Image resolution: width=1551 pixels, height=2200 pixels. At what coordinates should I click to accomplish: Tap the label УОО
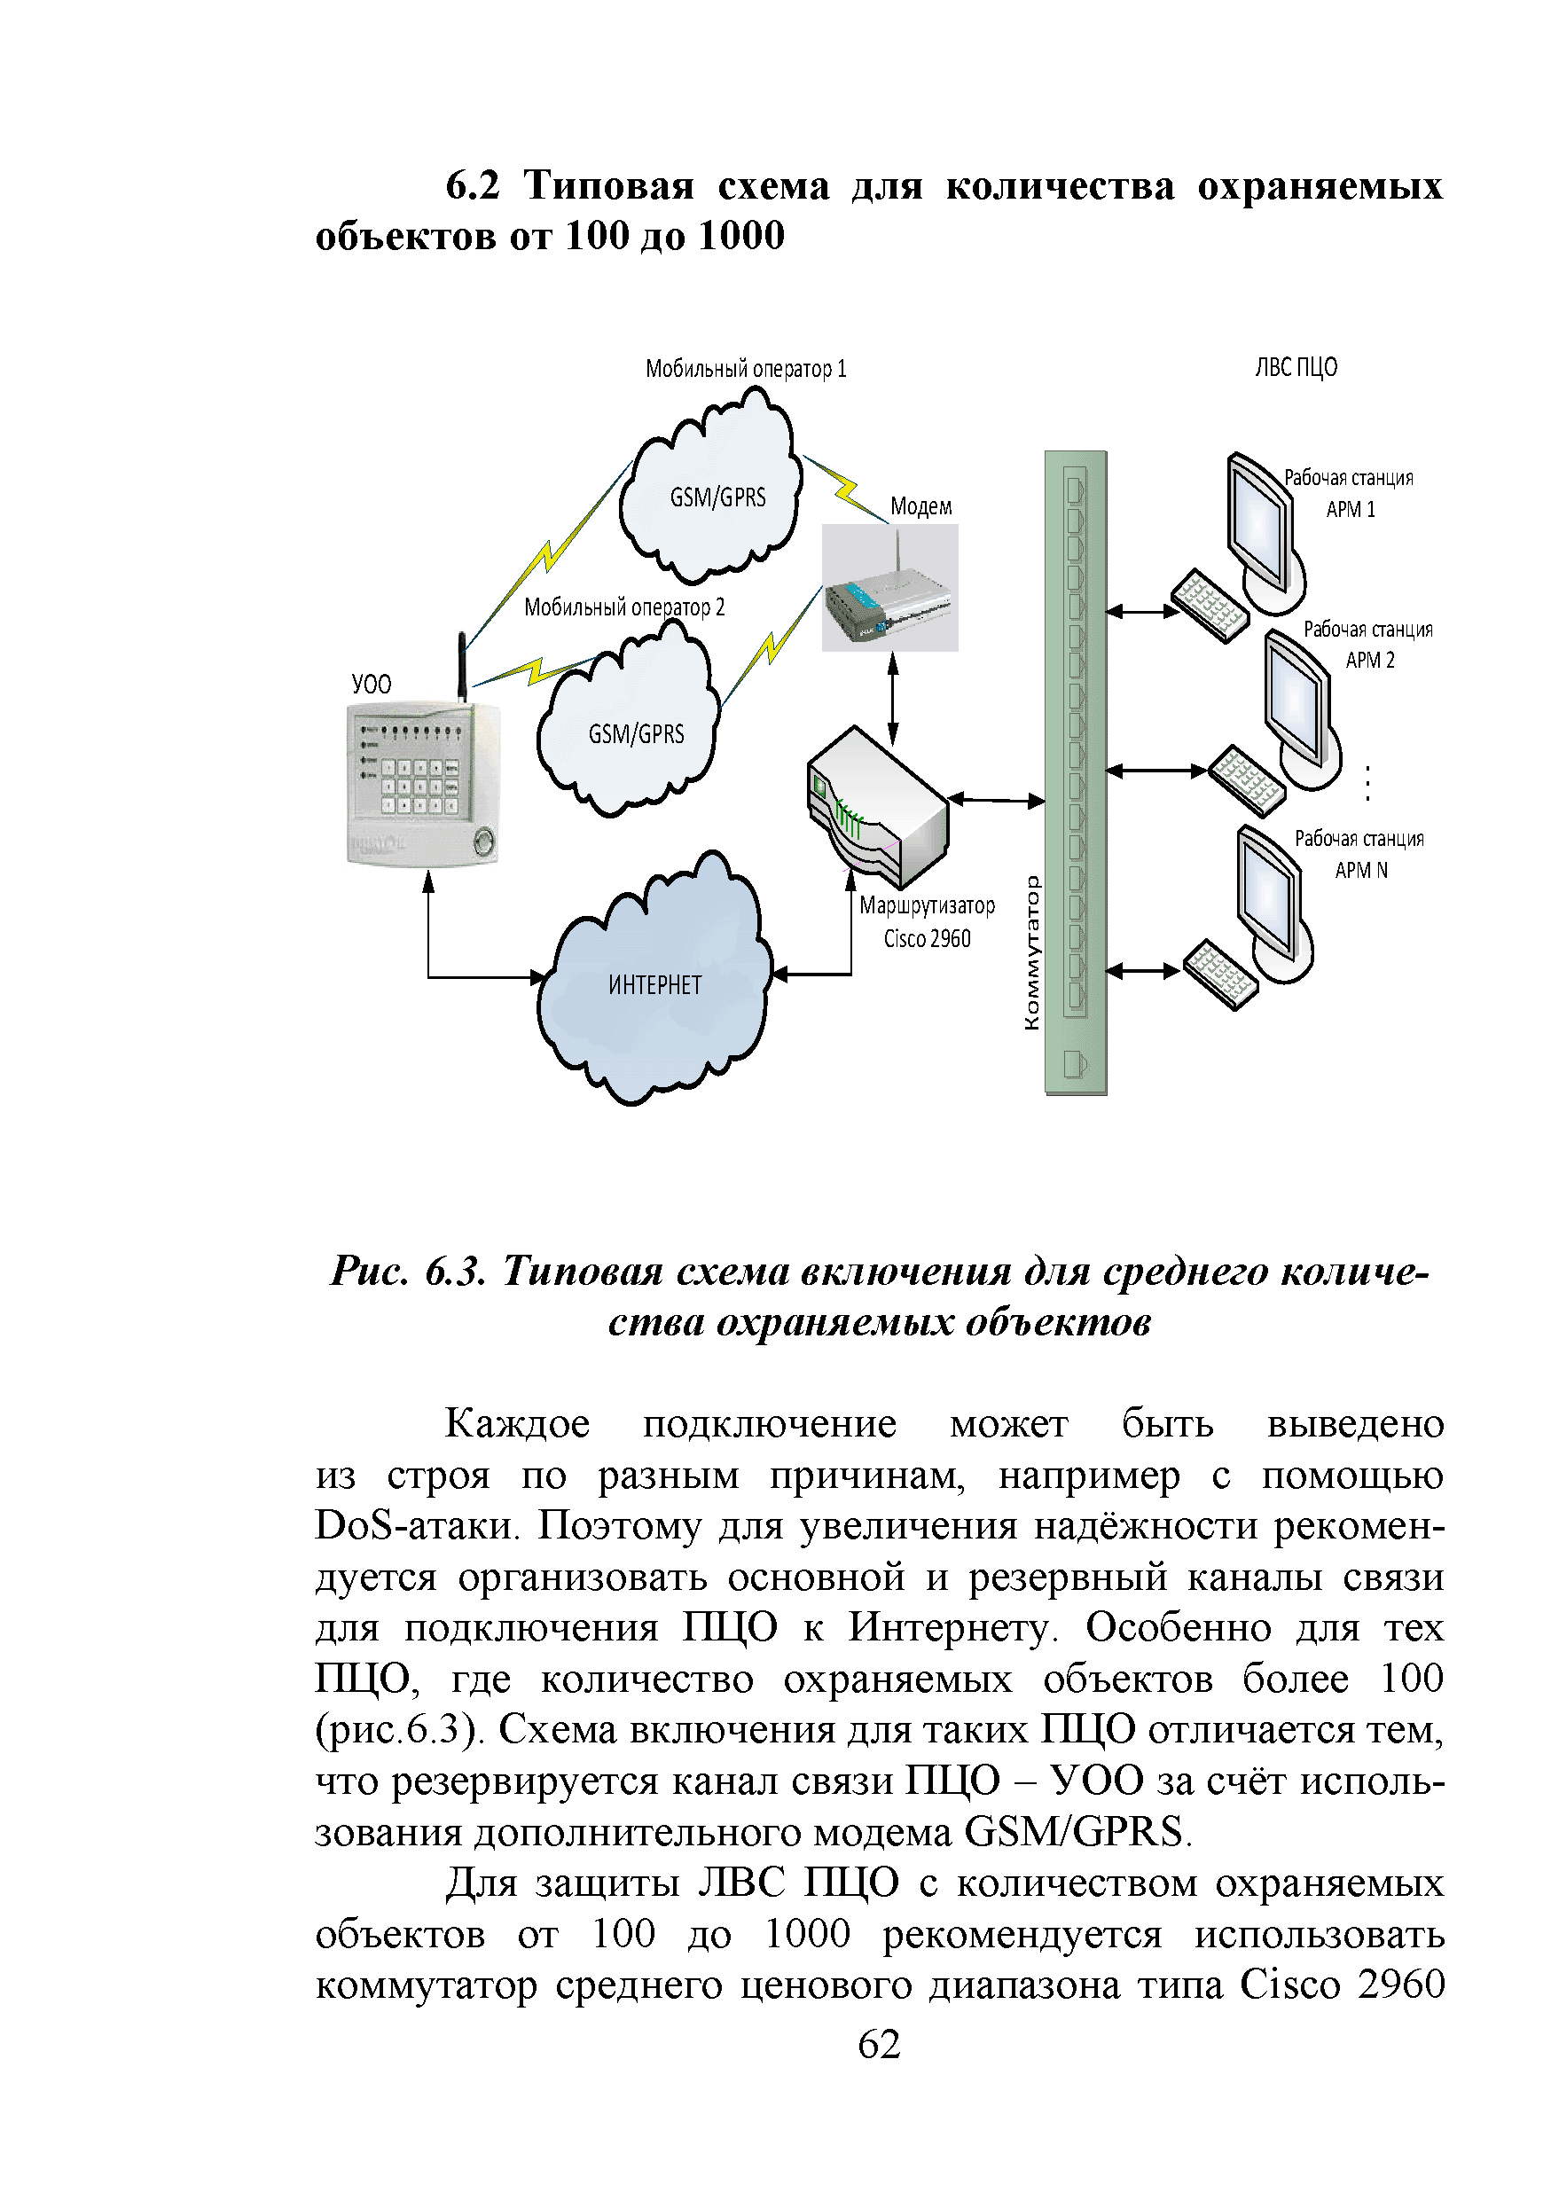pyautogui.click(x=371, y=685)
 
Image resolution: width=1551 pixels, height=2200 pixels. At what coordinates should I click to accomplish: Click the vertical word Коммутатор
pyautogui.click(x=1031, y=952)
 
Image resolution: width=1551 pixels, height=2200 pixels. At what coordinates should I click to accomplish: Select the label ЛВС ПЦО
pyautogui.click(x=1296, y=368)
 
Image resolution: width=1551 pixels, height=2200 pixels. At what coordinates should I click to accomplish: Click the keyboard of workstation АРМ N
pyautogui.click(x=1219, y=974)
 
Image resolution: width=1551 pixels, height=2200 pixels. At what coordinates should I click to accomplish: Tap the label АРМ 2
pyautogui.click(x=1370, y=661)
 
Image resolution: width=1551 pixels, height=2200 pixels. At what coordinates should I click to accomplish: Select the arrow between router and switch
pyautogui.click(x=997, y=799)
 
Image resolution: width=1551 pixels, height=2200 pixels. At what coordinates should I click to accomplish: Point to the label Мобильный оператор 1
pyautogui.click(x=745, y=370)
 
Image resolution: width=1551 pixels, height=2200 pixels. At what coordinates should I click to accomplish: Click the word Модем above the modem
pyautogui.click(x=920, y=507)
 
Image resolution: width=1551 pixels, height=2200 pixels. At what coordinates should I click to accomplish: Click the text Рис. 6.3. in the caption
pyautogui.click(x=408, y=1272)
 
